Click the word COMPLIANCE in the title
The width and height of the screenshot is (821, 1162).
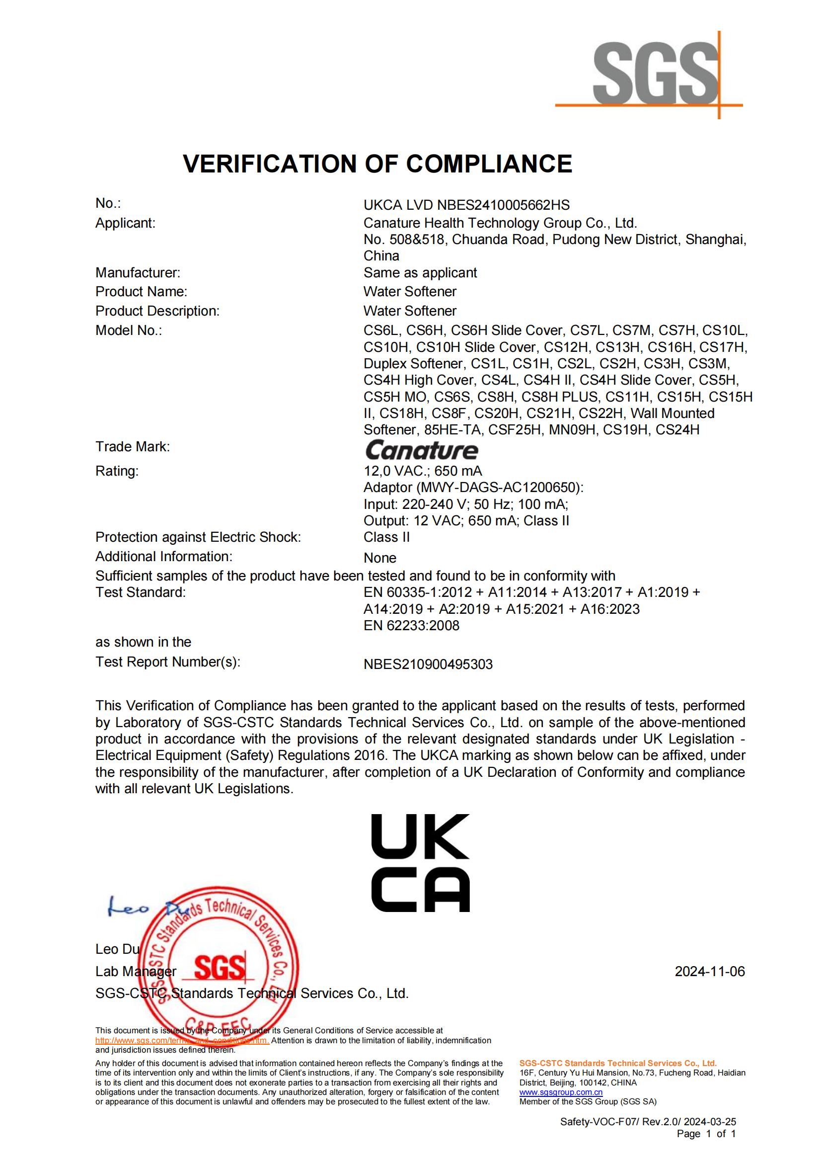click(x=489, y=164)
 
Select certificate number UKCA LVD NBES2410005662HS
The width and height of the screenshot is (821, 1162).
click(x=466, y=205)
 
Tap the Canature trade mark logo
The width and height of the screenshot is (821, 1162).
click(x=421, y=450)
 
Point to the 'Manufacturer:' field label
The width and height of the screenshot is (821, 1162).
click(x=138, y=273)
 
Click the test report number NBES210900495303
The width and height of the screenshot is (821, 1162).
click(x=428, y=664)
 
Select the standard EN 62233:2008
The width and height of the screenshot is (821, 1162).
click(x=411, y=626)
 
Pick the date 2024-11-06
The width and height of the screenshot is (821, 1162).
click(x=710, y=971)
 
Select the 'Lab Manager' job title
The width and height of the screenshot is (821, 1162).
click(x=136, y=971)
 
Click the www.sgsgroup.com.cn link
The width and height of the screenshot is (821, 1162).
click(x=561, y=1092)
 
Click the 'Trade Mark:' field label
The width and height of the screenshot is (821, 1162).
click(x=133, y=446)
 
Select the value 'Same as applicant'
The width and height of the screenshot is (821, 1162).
click(x=420, y=273)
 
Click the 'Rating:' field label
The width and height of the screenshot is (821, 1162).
click(x=117, y=471)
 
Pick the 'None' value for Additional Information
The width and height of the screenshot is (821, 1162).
click(x=380, y=558)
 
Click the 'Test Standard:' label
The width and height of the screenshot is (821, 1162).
click(x=141, y=592)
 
